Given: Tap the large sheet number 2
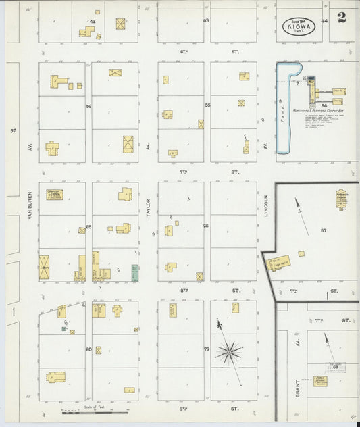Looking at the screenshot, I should pos(342,18).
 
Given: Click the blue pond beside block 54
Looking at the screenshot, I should pos(281,108).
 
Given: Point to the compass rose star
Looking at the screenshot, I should pos(230,350).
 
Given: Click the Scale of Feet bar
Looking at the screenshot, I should pos(95,411).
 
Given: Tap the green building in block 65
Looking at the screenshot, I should pos(135,272).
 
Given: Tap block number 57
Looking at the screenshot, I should pos(324,231).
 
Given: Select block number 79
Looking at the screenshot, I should pos(206,349).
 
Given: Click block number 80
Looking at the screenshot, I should pos(88,349).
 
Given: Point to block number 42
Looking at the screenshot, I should pos(92,22).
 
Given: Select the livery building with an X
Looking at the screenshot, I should pos(45,268).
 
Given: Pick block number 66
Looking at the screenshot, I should pos(206,226).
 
